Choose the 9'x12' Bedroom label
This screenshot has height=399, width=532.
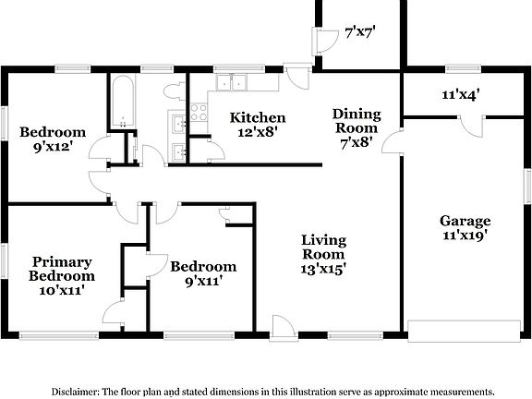tap(53, 139)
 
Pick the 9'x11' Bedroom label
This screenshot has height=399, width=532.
tap(196, 274)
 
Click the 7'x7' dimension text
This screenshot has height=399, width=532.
tap(360, 32)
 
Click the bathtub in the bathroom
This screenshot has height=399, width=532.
tap(122, 102)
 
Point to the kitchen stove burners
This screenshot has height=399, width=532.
tap(199, 112)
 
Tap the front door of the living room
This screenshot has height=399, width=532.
tap(283, 326)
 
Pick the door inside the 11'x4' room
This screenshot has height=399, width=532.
tap(472, 127)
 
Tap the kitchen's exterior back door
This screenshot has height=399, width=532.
tap(298, 76)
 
